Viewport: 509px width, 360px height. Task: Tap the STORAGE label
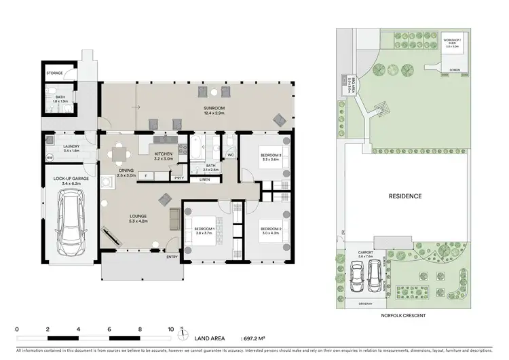(x=55, y=72)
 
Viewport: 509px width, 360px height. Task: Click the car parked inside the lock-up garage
(x=71, y=219)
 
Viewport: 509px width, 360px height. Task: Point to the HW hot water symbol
(x=50, y=159)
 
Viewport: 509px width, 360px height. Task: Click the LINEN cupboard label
(x=204, y=179)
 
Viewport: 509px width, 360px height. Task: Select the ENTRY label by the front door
(x=172, y=257)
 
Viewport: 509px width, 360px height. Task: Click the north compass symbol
(x=183, y=334)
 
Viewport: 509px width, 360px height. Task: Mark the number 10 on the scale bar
(x=171, y=328)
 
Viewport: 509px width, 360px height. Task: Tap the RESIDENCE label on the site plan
(x=405, y=196)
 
